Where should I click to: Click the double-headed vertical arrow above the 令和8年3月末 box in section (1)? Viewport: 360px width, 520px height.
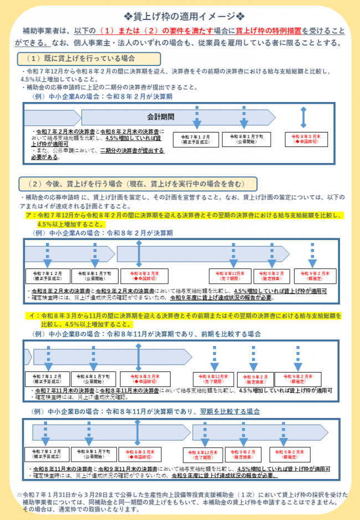303,117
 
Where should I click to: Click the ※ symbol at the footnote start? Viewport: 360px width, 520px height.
19,494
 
